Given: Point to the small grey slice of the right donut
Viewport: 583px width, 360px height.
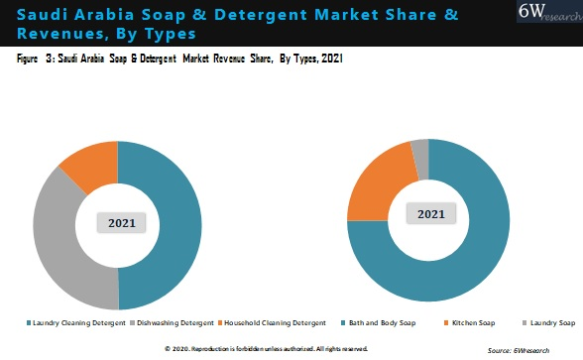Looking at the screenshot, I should (x=420, y=148).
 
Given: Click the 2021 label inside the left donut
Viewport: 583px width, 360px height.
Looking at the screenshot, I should (x=121, y=222).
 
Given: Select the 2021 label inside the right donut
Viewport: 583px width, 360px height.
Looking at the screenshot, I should (x=430, y=213).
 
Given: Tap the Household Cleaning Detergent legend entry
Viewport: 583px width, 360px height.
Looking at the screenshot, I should (x=275, y=323).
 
